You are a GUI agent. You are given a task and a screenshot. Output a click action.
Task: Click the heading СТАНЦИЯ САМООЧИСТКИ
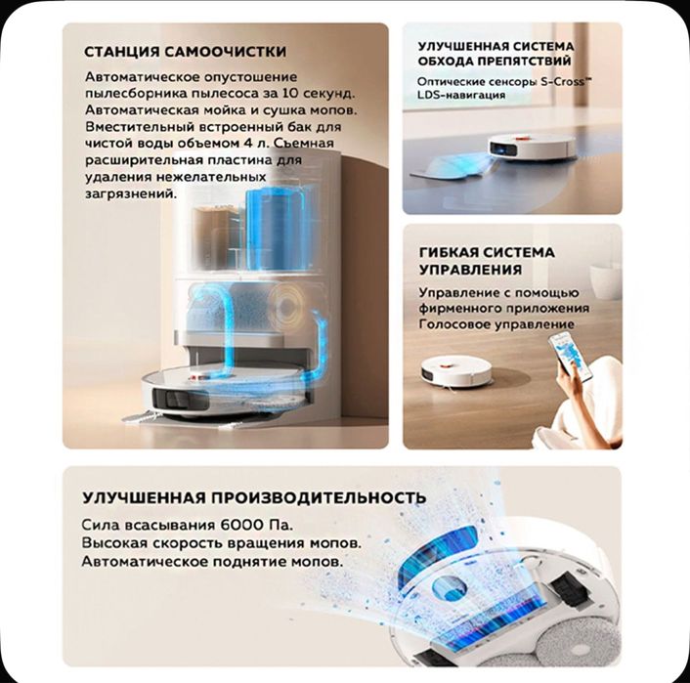186,52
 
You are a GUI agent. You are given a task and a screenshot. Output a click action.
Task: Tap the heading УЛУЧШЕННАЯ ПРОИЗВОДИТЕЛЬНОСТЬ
254,497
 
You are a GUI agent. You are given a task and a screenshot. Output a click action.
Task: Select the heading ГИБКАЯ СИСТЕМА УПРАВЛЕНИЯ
487,261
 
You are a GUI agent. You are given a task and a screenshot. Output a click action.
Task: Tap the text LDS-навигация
461,95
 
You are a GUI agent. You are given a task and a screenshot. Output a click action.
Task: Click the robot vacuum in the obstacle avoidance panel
532,148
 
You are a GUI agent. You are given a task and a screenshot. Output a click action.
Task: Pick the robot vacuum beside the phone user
455,369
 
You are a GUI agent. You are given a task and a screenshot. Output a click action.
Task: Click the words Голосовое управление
496,324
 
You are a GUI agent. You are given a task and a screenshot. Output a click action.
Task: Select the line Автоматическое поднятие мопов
212,562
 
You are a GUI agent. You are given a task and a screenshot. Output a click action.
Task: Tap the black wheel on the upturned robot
568,590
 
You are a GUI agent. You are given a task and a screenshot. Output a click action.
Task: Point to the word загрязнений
131,194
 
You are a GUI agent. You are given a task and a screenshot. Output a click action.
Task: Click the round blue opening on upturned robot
450,588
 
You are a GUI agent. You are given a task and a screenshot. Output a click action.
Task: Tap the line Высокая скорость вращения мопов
221,542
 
